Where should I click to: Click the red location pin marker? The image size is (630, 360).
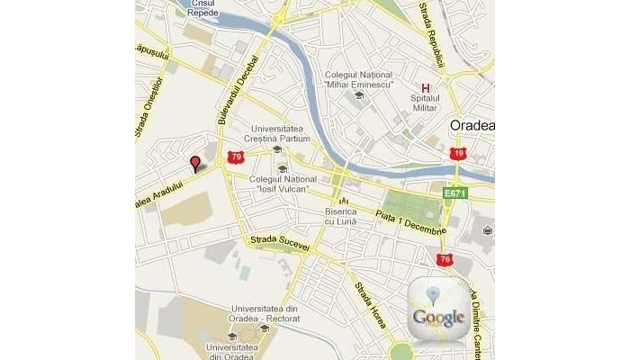pyautogui.click(x=195, y=162)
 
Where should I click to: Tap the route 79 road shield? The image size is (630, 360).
pyautogui.click(x=236, y=157)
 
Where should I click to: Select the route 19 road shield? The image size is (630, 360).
pyautogui.click(x=459, y=154)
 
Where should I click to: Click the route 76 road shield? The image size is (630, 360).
pyautogui.click(x=444, y=260)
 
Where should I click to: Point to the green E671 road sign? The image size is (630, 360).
pyautogui.click(x=454, y=193)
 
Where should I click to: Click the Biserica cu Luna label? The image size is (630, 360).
pyautogui.click(x=340, y=216)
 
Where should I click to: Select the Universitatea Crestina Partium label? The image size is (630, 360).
pyautogui.click(x=281, y=133)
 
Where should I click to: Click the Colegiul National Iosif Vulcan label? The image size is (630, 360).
pyautogui.click(x=279, y=184)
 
